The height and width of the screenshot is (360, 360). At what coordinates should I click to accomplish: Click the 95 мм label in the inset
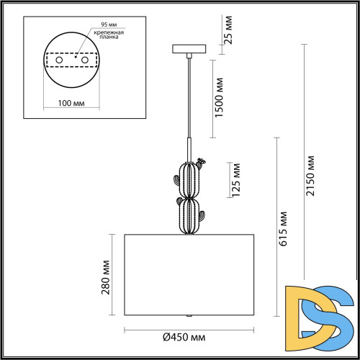click(x=109, y=24)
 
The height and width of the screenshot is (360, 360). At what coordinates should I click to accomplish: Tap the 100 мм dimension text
click(x=71, y=103)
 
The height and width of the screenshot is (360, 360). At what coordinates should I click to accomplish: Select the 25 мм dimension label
click(x=228, y=30)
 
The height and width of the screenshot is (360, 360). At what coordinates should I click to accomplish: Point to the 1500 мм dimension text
click(x=219, y=97)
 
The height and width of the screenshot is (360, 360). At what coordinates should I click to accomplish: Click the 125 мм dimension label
click(x=235, y=180)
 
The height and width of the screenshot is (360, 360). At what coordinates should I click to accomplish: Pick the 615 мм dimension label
click(x=283, y=229)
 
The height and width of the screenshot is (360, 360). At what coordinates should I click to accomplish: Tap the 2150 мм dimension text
click(x=310, y=176)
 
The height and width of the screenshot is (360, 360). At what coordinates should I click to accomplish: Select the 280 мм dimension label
click(x=105, y=277)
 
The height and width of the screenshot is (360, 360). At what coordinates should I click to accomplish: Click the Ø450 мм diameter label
click(x=184, y=337)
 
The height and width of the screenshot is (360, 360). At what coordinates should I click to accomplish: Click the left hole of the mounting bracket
click(x=59, y=60)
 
